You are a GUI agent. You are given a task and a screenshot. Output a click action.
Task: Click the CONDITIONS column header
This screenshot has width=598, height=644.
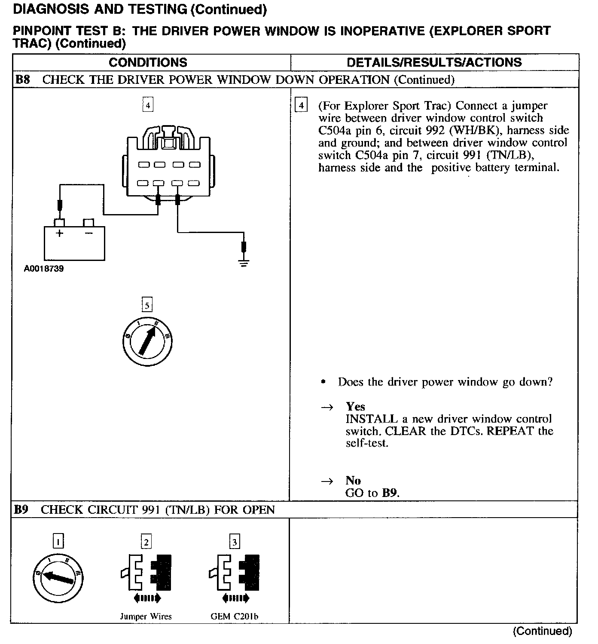tap(148, 63)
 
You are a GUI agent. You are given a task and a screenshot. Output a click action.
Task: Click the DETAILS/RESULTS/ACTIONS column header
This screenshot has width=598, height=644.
tap(434, 63)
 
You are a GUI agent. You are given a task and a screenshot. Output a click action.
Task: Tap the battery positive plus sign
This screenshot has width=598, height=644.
tap(59, 233)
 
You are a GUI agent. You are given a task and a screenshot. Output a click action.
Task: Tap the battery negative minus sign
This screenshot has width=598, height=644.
tap(88, 233)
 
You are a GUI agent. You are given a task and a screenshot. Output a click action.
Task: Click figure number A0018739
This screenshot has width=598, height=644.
tap(44, 269)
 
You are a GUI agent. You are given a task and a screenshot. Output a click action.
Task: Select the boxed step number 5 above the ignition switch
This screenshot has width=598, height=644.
tap(147, 306)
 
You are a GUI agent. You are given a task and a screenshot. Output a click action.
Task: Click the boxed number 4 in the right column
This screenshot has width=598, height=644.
tap(301, 105)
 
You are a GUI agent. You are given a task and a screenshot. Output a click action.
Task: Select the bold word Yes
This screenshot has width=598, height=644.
tap(355, 407)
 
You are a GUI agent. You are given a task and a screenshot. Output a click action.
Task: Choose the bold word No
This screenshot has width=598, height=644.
tap(353, 481)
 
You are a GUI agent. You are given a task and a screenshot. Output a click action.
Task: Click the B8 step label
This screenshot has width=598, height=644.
tap(22, 80)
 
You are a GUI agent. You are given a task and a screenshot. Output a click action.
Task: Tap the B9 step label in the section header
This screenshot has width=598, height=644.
tap(21, 510)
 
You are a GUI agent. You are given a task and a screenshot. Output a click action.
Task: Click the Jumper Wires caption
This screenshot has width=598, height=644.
tap(146, 616)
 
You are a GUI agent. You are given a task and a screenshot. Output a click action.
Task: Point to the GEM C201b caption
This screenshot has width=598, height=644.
tap(234, 616)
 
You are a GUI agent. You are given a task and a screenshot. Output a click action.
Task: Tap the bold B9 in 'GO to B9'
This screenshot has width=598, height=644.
tap(390, 493)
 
